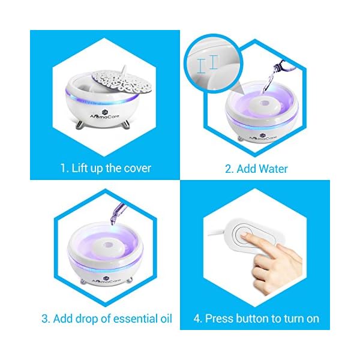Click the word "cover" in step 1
[137, 168]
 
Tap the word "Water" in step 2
[274, 169]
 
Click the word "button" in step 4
[252, 319]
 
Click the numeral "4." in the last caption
[197, 319]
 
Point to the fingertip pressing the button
[244, 235]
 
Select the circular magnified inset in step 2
[212, 64]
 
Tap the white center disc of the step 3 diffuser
[106, 247]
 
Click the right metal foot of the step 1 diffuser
[125, 125]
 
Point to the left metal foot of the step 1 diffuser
[80, 125]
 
